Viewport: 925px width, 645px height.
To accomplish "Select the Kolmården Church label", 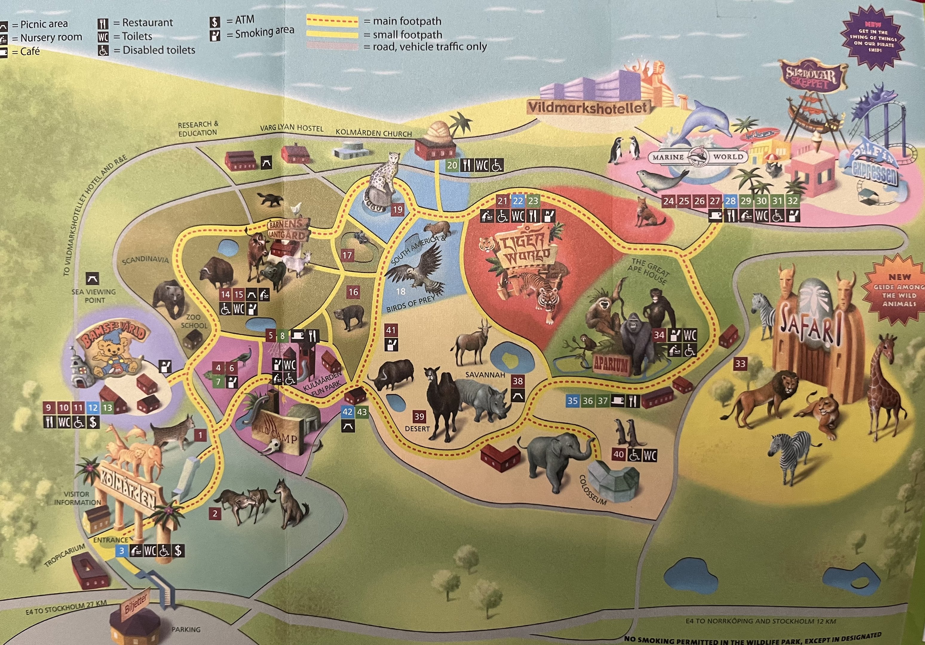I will tap(373, 133).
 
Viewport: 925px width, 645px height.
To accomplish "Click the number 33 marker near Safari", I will tap(740, 364).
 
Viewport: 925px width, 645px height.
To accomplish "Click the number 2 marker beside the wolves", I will tap(215, 514).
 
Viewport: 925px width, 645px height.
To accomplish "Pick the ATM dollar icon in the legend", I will tap(215, 21).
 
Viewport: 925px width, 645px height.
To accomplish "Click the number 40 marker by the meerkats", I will tap(619, 455).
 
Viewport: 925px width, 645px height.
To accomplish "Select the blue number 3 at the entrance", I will tap(122, 551).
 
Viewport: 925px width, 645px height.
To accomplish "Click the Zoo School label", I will tap(194, 321).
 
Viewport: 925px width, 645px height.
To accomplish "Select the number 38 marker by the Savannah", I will tap(518, 381).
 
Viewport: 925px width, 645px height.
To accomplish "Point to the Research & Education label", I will tap(198, 128).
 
